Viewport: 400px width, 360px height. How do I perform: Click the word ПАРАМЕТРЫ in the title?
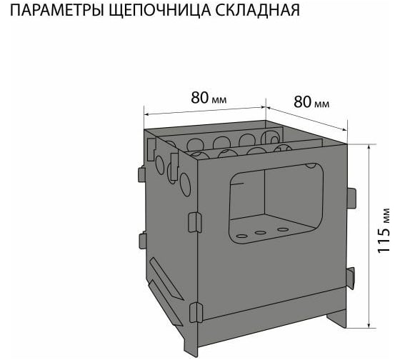[56, 11]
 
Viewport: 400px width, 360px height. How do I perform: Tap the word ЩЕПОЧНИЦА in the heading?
[160, 11]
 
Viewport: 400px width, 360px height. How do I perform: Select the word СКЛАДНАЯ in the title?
[258, 11]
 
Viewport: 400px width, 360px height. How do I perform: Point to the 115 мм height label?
[384, 231]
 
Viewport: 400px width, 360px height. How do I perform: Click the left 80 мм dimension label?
[209, 98]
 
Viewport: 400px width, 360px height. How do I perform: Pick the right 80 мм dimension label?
[311, 102]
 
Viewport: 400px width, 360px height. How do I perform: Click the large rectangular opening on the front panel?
[276, 204]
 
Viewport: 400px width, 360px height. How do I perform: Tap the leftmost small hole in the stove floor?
[242, 236]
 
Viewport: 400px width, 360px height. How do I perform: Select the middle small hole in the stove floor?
[261, 232]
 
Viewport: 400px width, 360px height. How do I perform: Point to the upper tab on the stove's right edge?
[351, 198]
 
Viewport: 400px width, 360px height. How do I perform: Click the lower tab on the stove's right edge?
[351, 278]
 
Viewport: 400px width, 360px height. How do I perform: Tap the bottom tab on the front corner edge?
[196, 312]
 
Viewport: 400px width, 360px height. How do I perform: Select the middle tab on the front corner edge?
[195, 222]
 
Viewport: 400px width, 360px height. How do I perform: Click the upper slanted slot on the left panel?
[166, 279]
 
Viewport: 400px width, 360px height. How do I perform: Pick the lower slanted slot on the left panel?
[165, 303]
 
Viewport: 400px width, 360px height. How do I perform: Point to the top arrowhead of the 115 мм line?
[369, 147]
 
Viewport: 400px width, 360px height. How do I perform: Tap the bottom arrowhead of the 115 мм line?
[369, 324]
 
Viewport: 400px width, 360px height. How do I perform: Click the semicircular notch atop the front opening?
[311, 166]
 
